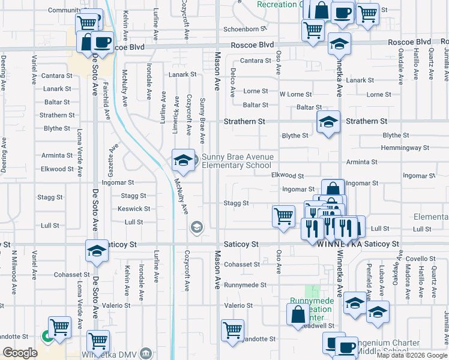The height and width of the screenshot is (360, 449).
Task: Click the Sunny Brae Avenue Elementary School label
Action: click(237, 161)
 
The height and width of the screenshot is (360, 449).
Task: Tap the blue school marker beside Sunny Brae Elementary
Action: click(184, 160)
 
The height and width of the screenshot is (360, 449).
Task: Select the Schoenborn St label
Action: click(244, 29)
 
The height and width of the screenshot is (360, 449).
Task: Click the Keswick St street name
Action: click(134, 209)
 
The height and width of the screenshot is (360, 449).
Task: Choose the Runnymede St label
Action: click(245, 286)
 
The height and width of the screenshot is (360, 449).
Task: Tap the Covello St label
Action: click(424, 259)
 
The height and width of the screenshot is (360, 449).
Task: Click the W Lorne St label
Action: click(295, 94)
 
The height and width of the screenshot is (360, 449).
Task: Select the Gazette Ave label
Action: click(111, 157)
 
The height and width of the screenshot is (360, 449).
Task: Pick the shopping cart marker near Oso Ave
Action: click(283, 216)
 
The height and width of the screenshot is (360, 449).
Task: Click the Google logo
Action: click(20, 353)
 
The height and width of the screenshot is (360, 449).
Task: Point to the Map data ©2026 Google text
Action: click(411, 355)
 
